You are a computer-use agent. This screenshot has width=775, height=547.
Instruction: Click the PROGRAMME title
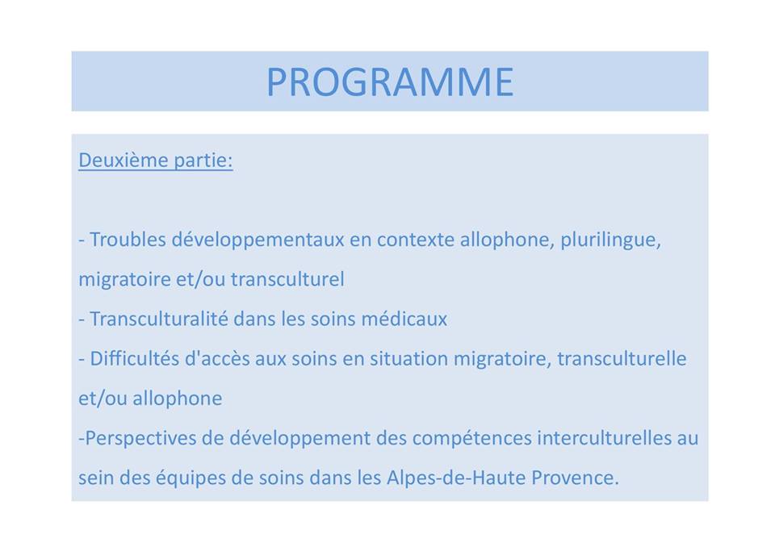click(390, 81)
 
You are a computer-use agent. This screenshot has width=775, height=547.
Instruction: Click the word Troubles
click(128, 240)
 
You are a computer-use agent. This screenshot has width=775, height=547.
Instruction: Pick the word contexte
click(416, 240)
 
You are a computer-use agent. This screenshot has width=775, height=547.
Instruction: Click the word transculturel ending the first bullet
click(287, 279)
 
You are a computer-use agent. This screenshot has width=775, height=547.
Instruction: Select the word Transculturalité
click(159, 319)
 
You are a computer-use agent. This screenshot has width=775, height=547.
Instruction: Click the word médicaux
click(404, 319)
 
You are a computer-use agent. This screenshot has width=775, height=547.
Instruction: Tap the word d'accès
click(217, 358)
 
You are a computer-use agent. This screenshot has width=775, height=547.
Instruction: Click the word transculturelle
click(622, 358)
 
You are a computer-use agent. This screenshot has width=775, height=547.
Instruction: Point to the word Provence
click(575, 478)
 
